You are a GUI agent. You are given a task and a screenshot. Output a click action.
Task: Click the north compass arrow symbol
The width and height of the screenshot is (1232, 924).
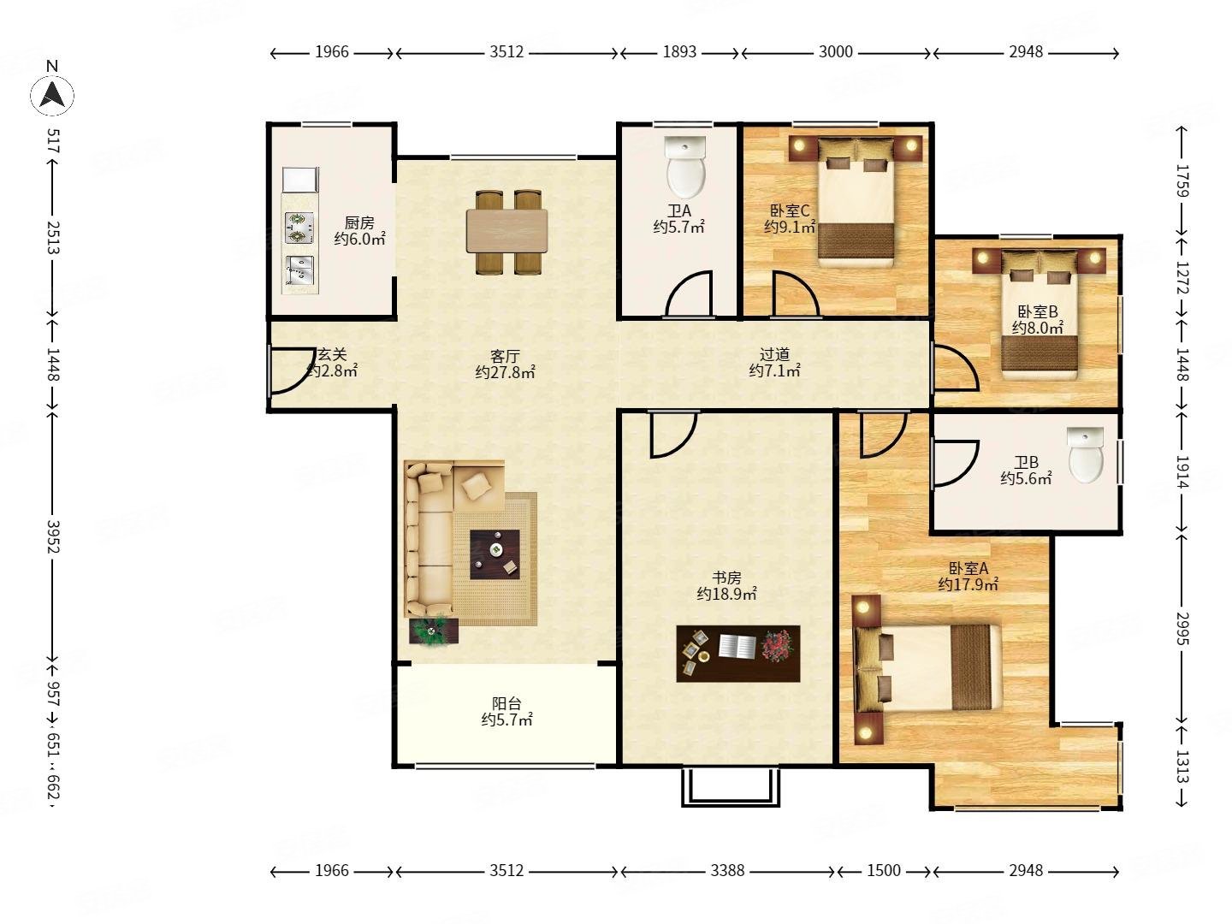(51, 94)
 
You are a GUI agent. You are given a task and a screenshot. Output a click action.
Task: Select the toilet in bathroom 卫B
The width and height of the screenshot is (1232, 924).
(1085, 454)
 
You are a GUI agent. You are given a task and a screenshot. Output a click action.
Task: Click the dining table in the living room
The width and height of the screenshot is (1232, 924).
(506, 231)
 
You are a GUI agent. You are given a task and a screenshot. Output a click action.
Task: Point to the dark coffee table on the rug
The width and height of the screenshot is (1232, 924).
(495, 554)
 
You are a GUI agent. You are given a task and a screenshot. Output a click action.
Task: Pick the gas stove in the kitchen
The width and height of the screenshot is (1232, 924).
(299, 228)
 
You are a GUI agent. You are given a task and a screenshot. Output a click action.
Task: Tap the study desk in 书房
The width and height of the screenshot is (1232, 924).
(737, 654)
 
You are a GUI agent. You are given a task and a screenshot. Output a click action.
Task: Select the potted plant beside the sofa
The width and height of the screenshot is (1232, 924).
(433, 631)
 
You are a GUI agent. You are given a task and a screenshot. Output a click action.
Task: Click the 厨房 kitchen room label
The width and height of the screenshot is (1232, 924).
(359, 222)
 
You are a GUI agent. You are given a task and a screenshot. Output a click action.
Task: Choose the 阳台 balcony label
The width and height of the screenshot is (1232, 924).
(506, 703)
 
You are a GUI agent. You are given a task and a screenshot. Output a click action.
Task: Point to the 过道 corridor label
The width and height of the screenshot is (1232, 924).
(774, 354)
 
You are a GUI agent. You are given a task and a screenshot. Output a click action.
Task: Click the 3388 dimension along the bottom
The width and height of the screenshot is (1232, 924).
(727, 870)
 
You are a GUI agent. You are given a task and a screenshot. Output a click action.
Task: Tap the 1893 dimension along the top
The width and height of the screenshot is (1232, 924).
(679, 51)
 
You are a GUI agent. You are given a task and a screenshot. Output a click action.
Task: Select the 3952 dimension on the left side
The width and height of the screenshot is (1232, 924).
(53, 536)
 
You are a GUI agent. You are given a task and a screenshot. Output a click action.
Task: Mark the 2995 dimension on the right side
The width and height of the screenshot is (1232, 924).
(1182, 628)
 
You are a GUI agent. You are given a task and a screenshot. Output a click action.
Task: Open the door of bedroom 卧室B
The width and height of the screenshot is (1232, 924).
(956, 368)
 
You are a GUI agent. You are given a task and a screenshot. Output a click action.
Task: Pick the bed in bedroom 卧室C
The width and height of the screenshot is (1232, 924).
(856, 202)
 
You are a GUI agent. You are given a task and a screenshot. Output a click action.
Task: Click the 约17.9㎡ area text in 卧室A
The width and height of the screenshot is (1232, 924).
(968, 584)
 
